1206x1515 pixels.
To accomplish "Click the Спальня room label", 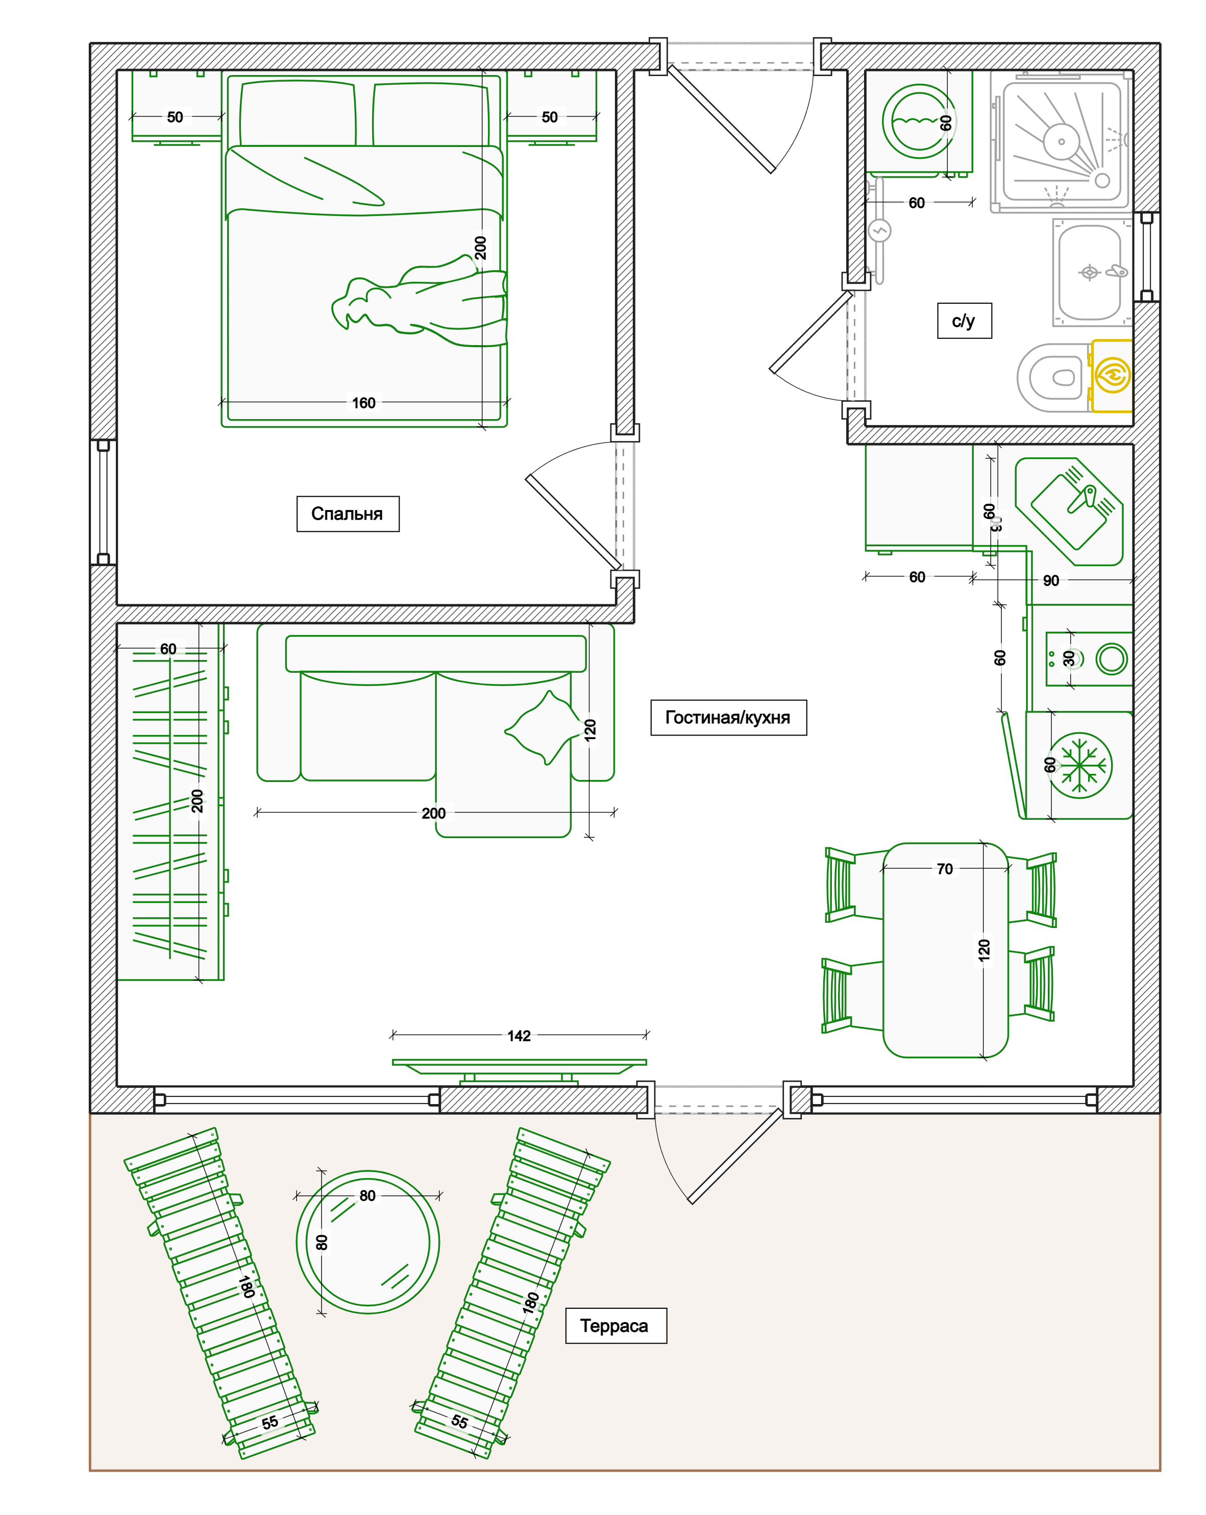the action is [348, 514].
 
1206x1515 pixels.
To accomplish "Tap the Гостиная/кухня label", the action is [728, 718].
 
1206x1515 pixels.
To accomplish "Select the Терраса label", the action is [616, 1326].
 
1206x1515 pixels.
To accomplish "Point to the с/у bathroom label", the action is [964, 321].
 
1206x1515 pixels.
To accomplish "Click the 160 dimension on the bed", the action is [364, 403].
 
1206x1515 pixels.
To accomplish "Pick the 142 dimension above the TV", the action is [519, 1036].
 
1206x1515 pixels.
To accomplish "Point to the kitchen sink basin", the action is [1069, 512].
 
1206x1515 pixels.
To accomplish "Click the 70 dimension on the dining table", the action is [945, 869].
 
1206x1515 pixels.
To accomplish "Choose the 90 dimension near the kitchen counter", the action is [1051, 580].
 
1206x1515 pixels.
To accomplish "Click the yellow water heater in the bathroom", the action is [1111, 376].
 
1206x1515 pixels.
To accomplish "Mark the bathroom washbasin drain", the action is [1090, 273].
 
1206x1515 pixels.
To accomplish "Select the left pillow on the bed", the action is [298, 114].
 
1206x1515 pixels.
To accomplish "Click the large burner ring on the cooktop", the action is [1112, 659].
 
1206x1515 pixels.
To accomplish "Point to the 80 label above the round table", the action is [367, 1196].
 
